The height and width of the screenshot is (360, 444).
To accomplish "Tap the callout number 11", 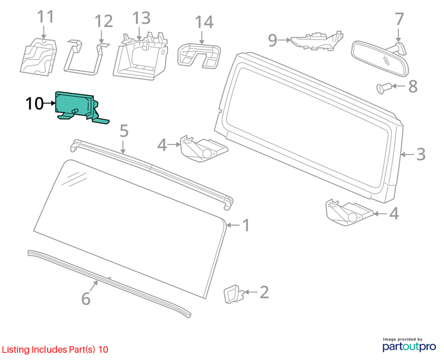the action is tap(45, 17).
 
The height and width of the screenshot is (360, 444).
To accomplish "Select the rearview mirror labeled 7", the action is tap(380, 58).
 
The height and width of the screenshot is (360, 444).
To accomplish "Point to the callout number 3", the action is tap(421, 155).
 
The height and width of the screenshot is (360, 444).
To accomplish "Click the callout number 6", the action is tap(86, 299).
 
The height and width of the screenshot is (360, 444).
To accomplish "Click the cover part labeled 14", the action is tap(199, 56).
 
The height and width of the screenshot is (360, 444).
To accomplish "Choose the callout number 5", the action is tap(124, 131).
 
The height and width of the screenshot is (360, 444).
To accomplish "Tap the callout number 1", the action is tap(246, 225).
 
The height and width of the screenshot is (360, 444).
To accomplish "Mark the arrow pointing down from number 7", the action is tap(398, 36).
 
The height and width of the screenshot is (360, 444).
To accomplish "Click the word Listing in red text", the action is tap(16, 350).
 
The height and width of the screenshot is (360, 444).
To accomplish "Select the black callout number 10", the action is tap(35, 104).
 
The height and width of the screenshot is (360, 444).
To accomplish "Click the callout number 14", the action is tap(204, 22).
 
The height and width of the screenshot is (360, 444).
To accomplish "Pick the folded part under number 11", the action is tap(39, 57).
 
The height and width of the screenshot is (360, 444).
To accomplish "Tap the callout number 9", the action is tap(273, 40).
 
